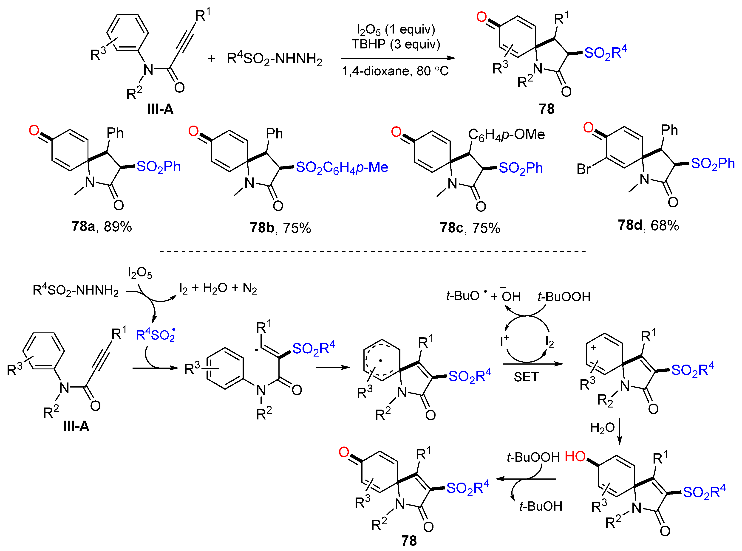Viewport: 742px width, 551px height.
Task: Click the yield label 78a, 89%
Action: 102,226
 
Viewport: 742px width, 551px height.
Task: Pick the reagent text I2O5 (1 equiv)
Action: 396,30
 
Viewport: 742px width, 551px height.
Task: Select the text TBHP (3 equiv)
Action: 396,44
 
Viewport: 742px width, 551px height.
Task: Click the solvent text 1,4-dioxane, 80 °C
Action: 395,71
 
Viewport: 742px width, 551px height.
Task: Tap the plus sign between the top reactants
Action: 211,59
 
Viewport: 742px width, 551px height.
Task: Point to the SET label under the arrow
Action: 526,377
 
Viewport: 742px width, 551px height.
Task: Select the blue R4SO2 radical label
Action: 156,335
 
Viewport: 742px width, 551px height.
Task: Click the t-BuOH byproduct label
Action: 541,506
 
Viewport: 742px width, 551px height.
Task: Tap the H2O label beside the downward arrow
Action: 602,427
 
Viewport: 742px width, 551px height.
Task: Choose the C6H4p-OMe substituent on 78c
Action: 506,135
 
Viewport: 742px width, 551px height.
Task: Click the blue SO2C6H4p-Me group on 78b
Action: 342,167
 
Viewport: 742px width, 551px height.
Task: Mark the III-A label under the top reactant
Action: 160,109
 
